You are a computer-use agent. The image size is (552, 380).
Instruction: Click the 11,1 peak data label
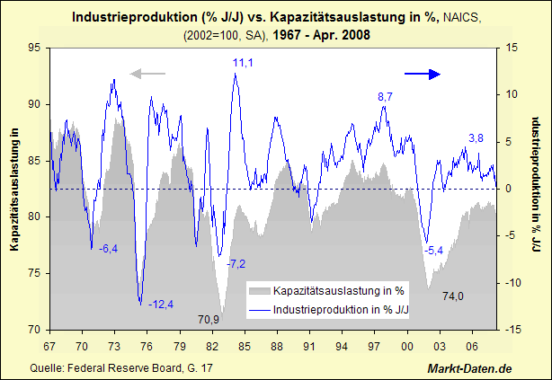(x=243, y=62)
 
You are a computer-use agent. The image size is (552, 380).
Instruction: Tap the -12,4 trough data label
(x=163, y=304)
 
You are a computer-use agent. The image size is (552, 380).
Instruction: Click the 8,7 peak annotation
(x=385, y=96)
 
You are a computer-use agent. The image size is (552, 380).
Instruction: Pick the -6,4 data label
(x=108, y=248)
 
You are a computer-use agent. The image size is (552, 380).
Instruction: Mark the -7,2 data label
(x=236, y=263)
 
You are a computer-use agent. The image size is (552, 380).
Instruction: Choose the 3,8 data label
(x=476, y=137)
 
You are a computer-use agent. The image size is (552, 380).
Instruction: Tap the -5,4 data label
(x=434, y=250)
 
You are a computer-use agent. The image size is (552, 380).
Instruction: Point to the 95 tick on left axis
(x=35, y=48)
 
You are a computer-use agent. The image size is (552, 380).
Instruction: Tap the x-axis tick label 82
(x=212, y=346)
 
